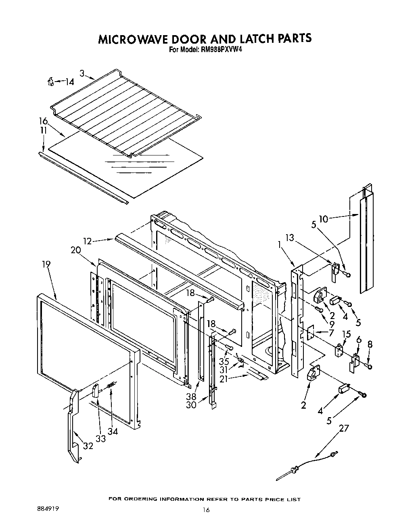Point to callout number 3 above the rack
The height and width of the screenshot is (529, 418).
[x=82, y=73]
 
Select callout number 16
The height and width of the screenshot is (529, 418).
[x=43, y=121]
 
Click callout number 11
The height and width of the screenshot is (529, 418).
[x=43, y=130]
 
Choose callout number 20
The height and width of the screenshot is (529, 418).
[x=76, y=250]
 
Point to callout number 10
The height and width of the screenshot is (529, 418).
[x=323, y=219]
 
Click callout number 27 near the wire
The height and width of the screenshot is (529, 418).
[x=343, y=428]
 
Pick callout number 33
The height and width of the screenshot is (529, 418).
[x=100, y=438]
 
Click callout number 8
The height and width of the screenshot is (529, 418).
[x=370, y=344]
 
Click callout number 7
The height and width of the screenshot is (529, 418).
[x=331, y=333]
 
